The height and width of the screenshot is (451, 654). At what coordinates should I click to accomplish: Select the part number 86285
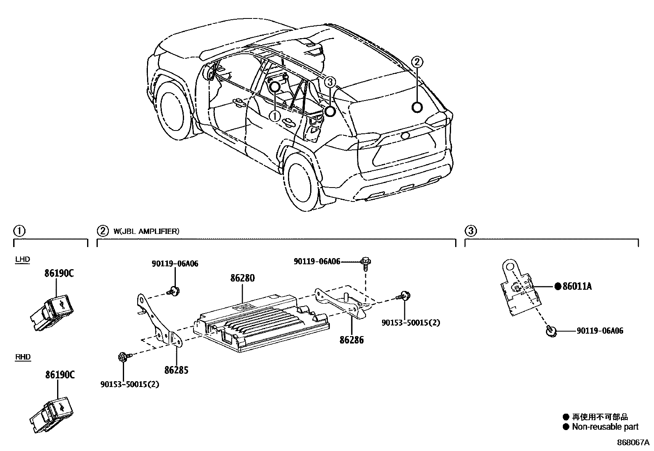coord(176,370)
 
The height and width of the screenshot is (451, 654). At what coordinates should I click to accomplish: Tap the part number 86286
coord(352,340)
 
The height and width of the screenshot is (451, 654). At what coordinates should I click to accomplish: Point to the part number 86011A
coord(577,287)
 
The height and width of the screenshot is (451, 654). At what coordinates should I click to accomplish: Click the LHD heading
coord(23,259)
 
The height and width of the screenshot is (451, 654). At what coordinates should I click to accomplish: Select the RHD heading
coord(23,357)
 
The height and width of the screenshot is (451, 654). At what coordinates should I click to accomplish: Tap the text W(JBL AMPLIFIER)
coord(146,231)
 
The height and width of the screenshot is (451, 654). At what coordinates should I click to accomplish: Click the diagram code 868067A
coord(633,443)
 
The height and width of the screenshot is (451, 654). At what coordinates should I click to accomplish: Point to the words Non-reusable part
coord(605,427)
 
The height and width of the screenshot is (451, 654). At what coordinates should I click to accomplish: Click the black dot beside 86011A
coord(558,286)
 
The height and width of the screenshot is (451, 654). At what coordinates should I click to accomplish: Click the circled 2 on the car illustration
coord(417,62)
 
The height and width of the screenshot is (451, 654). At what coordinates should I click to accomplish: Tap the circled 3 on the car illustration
coord(330,82)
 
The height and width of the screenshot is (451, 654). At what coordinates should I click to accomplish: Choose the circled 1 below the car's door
coord(274,116)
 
